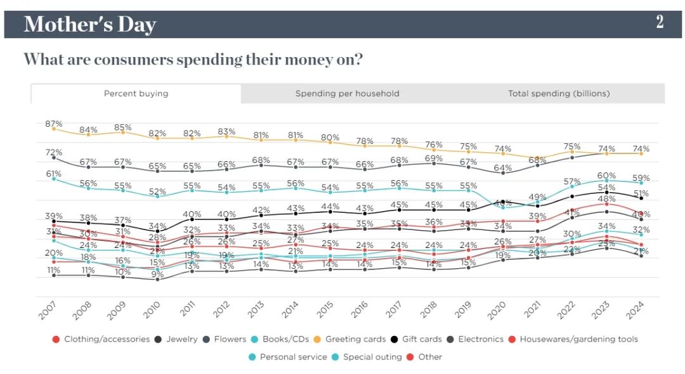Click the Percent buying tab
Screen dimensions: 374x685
point(136,93)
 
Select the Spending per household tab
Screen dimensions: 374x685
point(347,93)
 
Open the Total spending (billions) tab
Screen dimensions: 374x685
point(558,93)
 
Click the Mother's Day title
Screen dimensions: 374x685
point(89,25)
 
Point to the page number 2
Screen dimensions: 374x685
point(660,22)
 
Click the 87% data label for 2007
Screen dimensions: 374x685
point(54,124)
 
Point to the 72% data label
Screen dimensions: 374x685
point(54,152)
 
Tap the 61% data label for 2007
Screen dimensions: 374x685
point(54,174)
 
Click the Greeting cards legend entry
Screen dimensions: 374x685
point(351,339)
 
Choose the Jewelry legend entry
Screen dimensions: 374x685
point(180,339)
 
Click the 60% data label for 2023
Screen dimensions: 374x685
point(606,176)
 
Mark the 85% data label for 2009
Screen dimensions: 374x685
point(123,127)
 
